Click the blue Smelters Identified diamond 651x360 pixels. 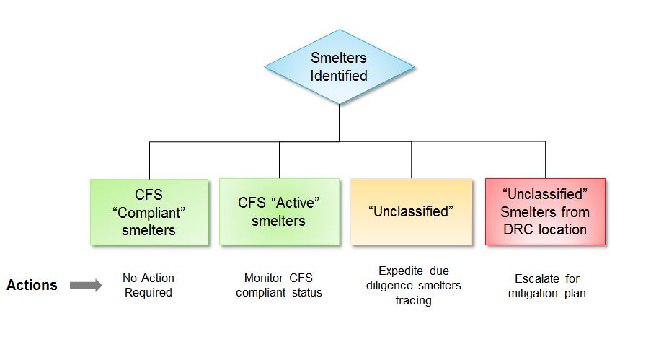[x=339, y=67]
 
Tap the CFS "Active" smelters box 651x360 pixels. [x=279, y=212]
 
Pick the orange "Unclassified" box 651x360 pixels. [x=411, y=212]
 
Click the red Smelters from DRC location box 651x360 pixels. [x=545, y=212]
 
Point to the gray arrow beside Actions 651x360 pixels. [x=86, y=286]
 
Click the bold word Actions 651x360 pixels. [x=32, y=286]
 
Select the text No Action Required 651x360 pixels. [x=149, y=286]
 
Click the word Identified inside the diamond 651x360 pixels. [x=339, y=76]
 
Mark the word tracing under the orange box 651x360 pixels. [x=413, y=300]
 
